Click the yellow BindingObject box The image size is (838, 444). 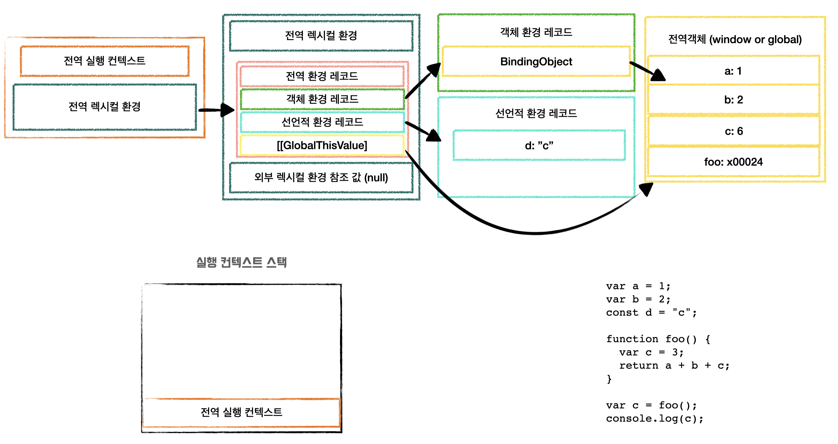click(x=536, y=61)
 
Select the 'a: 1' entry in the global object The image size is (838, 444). click(x=733, y=71)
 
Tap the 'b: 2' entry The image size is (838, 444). click(x=733, y=99)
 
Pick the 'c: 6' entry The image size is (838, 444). click(x=733, y=131)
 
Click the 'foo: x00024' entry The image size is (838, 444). click(x=733, y=162)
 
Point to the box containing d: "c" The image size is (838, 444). click(x=539, y=145)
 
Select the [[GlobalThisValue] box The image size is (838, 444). click(x=322, y=145)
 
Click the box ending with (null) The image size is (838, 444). click(x=321, y=178)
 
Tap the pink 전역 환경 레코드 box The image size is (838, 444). click(x=322, y=76)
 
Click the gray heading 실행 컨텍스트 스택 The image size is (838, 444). click(x=241, y=262)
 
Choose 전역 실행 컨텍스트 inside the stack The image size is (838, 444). click(x=241, y=412)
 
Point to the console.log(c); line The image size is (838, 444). click(x=654, y=418)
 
